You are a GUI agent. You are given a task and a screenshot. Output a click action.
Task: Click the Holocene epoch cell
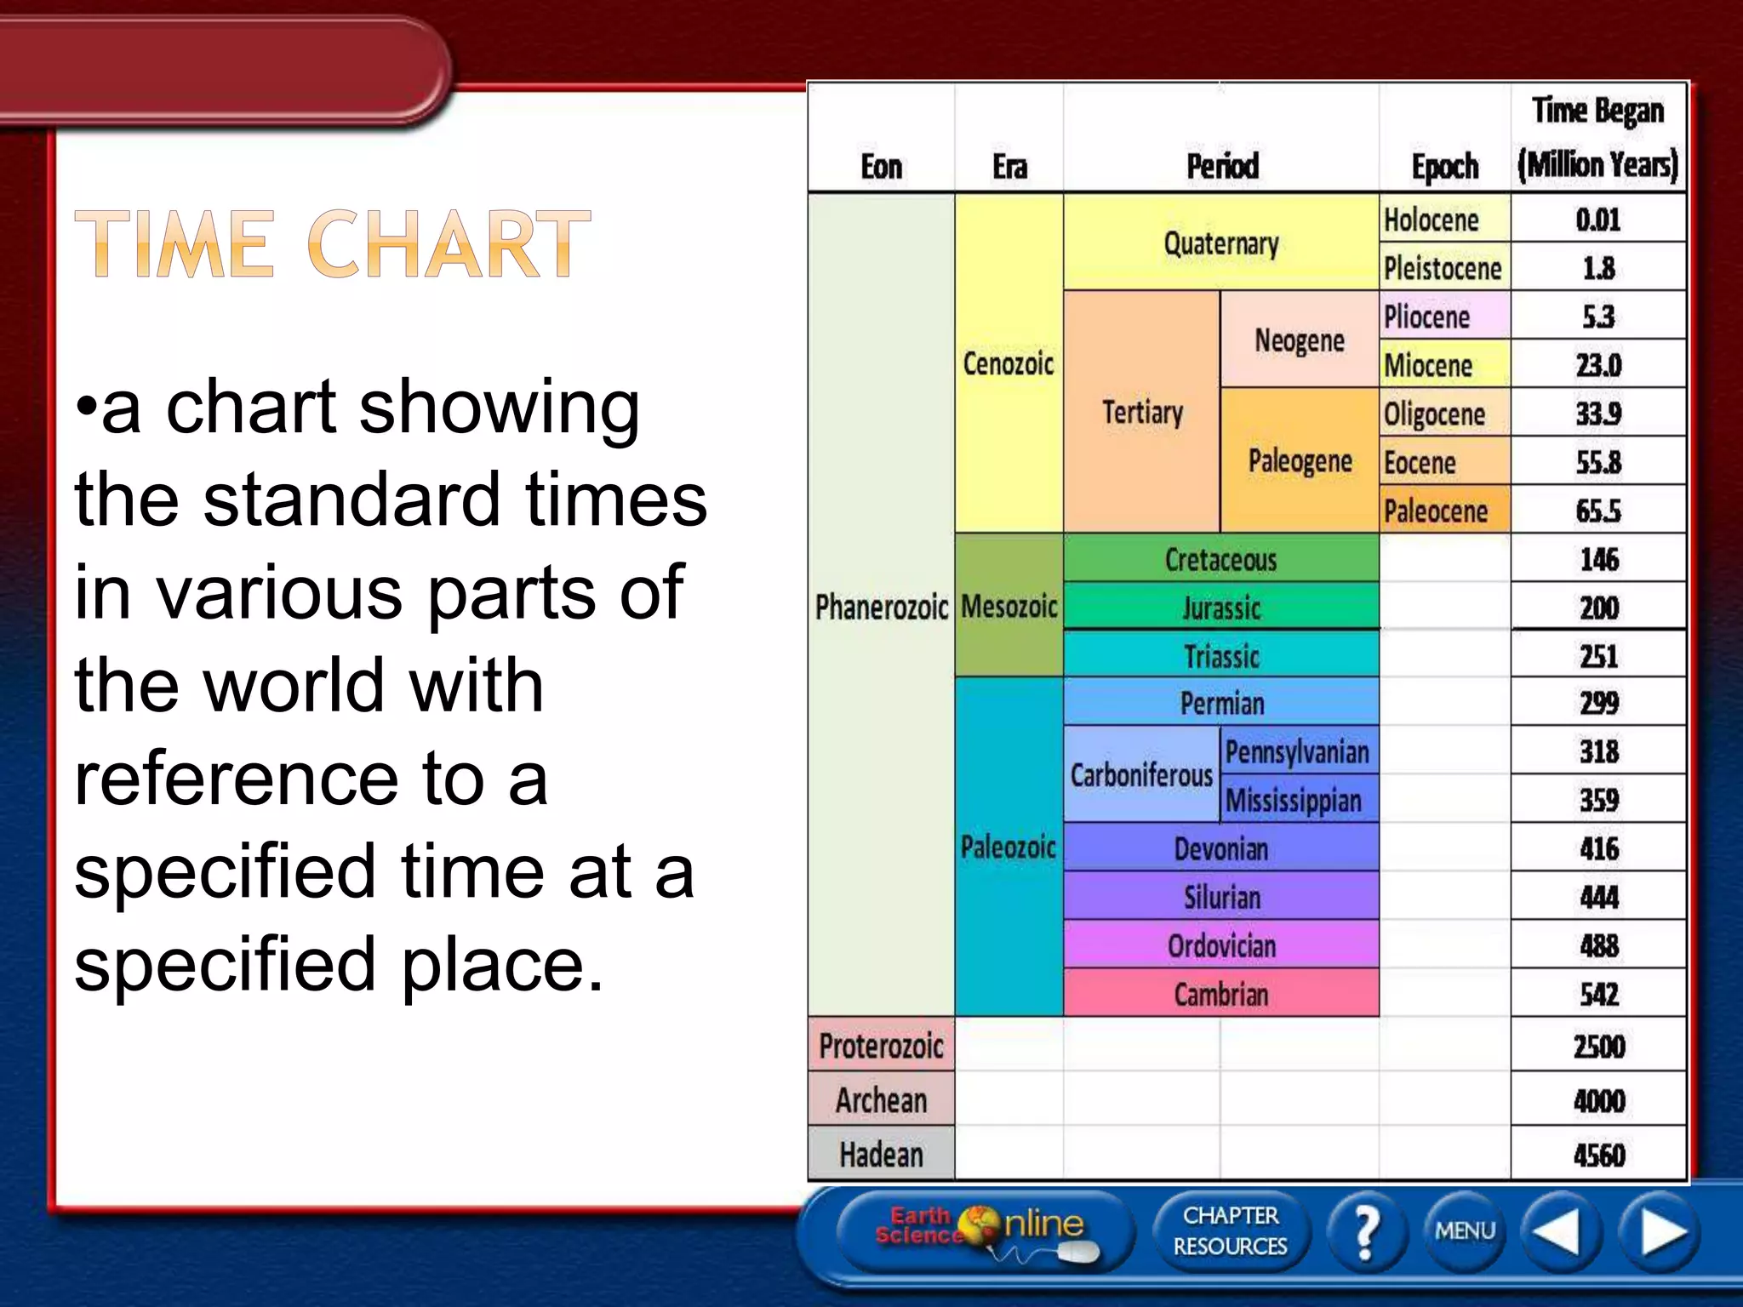pyautogui.click(x=1443, y=220)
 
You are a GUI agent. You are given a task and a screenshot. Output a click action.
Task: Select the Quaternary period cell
pyautogui.click(x=1220, y=243)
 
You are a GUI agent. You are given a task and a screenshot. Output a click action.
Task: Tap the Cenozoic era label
pyautogui.click(x=1009, y=364)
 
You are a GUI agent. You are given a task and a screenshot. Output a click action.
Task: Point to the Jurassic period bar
pyautogui.click(x=1220, y=608)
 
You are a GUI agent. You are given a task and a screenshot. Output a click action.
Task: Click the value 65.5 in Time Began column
pyautogui.click(x=1597, y=511)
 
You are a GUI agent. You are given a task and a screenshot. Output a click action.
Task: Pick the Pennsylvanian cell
pyautogui.click(x=1297, y=751)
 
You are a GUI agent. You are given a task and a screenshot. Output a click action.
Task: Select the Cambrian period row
pyautogui.click(x=1220, y=994)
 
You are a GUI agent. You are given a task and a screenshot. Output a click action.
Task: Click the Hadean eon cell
pyautogui.click(x=881, y=1155)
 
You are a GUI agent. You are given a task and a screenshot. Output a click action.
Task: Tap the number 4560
pyautogui.click(x=1598, y=1155)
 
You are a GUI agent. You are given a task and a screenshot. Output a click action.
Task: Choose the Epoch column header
pyautogui.click(x=1444, y=166)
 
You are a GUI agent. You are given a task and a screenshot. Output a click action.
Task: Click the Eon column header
pyautogui.click(x=881, y=166)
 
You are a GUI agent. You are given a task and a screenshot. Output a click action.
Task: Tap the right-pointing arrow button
pyautogui.click(x=1660, y=1231)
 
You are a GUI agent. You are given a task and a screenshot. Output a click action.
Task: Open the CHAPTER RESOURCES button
pyautogui.click(x=1230, y=1231)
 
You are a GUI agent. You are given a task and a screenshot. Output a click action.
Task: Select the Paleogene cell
pyautogui.click(x=1299, y=461)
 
